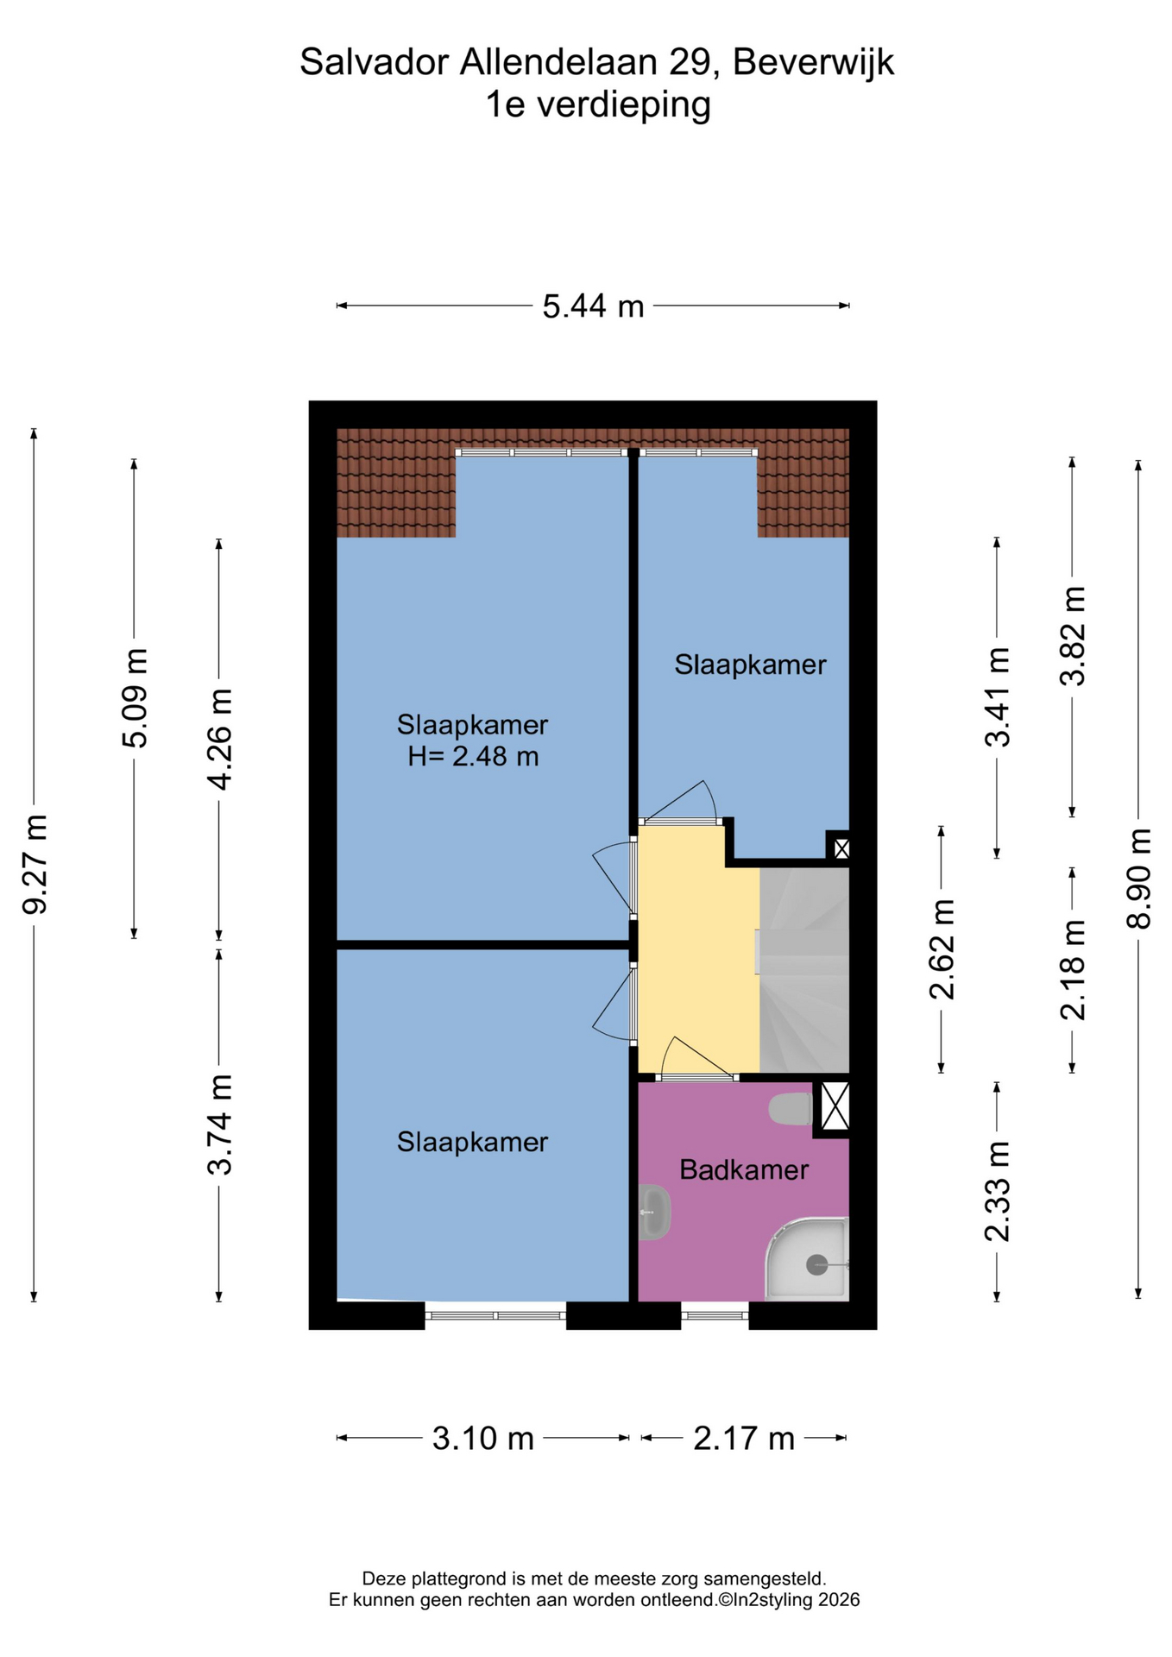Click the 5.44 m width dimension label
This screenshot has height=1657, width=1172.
point(593,306)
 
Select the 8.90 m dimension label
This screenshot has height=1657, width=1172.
point(1138,878)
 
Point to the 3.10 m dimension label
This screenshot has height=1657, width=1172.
point(482,1439)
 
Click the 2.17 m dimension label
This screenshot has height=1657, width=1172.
point(744,1439)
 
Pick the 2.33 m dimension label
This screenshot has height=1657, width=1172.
point(997,1191)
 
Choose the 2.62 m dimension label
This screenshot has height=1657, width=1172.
point(942,949)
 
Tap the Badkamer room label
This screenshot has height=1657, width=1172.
point(744,1170)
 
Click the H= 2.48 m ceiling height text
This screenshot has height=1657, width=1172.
point(473,757)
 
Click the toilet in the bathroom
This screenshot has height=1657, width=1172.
point(791,1109)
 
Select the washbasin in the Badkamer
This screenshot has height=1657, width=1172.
point(654,1213)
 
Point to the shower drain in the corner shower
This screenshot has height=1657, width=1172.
point(816,1265)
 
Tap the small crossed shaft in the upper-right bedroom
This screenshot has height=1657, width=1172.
point(841,848)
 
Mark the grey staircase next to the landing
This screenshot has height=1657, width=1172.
point(804,970)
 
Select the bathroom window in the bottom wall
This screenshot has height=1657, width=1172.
point(715,1315)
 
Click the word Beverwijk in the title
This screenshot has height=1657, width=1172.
point(814,63)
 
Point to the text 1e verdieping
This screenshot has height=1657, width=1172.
point(598,105)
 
